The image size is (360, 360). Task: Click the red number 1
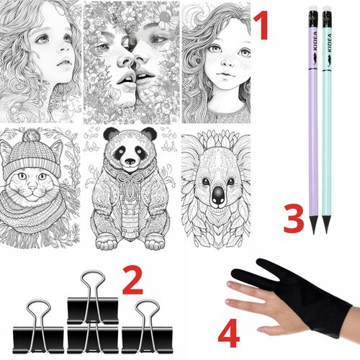coord(261,25)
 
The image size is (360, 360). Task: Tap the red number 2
coord(132,280)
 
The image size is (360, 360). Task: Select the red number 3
coord(294,219)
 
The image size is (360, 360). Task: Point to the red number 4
coord(229,333)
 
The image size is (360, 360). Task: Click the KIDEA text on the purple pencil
coord(315,41)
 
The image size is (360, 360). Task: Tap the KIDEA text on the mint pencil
coord(329,42)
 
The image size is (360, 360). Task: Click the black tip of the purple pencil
coord(313,225)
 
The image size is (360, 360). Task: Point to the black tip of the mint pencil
coord(326,225)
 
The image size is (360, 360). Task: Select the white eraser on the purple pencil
coord(312,9)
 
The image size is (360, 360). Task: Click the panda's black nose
coord(130,161)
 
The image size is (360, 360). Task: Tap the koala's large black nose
coord(218,194)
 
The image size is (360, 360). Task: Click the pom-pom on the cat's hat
coord(31,135)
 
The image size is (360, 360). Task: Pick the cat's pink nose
coord(32,188)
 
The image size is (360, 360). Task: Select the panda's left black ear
coord(111,134)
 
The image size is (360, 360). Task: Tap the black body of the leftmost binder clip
coord(38,340)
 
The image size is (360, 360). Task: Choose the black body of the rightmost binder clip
coord(147,340)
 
